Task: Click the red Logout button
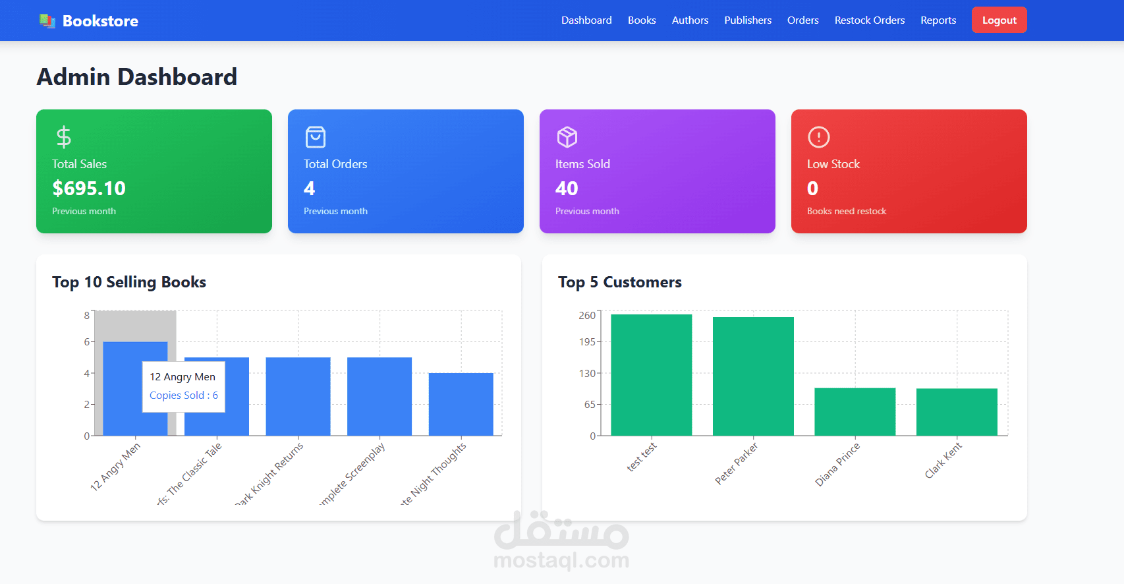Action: (999, 20)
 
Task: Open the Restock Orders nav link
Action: (869, 20)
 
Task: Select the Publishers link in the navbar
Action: (747, 20)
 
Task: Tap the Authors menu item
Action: (690, 20)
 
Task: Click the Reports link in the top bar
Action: (938, 20)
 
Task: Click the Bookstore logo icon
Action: (47, 21)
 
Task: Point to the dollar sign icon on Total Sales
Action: (63, 137)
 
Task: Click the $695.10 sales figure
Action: (89, 189)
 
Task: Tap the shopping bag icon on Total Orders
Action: (315, 137)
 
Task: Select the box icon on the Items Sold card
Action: (567, 137)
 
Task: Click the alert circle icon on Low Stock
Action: (818, 137)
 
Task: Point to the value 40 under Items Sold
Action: (567, 189)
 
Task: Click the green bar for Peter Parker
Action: (753, 376)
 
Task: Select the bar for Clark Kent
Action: (957, 412)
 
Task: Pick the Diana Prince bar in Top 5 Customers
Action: (855, 411)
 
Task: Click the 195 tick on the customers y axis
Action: (587, 341)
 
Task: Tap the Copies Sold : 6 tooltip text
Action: (184, 395)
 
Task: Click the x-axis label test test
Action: (641, 457)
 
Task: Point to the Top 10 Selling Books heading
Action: (129, 282)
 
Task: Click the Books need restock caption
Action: (847, 211)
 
